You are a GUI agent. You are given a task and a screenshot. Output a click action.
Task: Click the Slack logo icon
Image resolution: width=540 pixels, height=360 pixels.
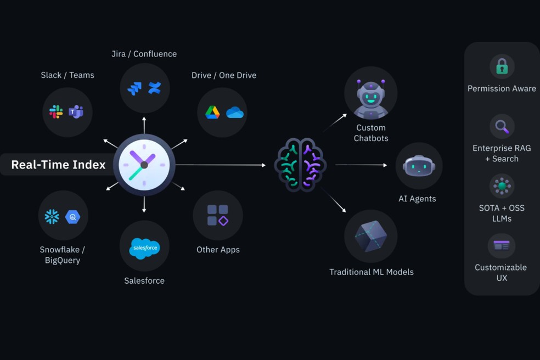(56, 112)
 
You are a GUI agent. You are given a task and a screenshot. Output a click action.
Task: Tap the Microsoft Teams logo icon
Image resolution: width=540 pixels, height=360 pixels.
(76, 112)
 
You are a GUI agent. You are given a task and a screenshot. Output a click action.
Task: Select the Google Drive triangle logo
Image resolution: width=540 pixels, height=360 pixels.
(212, 113)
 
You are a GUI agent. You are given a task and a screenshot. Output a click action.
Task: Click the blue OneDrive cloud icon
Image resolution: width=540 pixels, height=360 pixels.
(235, 113)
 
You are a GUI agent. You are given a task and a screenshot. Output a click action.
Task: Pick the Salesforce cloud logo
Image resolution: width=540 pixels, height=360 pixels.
(144, 248)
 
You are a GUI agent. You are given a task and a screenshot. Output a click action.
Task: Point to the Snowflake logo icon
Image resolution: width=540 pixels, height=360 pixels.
(52, 217)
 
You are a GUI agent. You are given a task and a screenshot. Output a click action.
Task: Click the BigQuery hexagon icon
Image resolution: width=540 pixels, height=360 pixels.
(73, 217)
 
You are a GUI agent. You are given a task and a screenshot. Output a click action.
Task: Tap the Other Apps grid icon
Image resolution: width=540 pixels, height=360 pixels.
(218, 215)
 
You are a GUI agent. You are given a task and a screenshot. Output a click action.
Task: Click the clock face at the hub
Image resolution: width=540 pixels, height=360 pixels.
(144, 165)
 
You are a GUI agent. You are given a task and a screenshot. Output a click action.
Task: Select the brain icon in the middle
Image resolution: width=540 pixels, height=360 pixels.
(300, 165)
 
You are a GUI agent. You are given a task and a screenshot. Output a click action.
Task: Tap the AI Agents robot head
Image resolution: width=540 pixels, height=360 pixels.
(419, 166)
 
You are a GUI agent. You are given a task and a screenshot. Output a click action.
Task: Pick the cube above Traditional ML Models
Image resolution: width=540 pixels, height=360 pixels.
(371, 236)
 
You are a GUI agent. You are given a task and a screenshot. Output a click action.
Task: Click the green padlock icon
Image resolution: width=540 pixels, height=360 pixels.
(502, 67)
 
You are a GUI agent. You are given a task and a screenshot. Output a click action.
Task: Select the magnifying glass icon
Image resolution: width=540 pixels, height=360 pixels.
(502, 127)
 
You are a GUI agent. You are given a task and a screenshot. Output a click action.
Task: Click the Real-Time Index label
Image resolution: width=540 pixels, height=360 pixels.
(58, 165)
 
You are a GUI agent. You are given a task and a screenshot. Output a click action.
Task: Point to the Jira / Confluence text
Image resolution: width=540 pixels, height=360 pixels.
(144, 54)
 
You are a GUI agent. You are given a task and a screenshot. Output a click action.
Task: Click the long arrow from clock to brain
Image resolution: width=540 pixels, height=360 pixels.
(220, 165)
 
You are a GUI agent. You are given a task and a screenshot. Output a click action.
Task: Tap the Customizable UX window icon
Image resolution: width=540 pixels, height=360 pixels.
(502, 245)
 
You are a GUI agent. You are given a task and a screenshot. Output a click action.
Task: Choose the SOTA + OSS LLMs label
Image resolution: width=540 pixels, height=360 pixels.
(502, 213)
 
